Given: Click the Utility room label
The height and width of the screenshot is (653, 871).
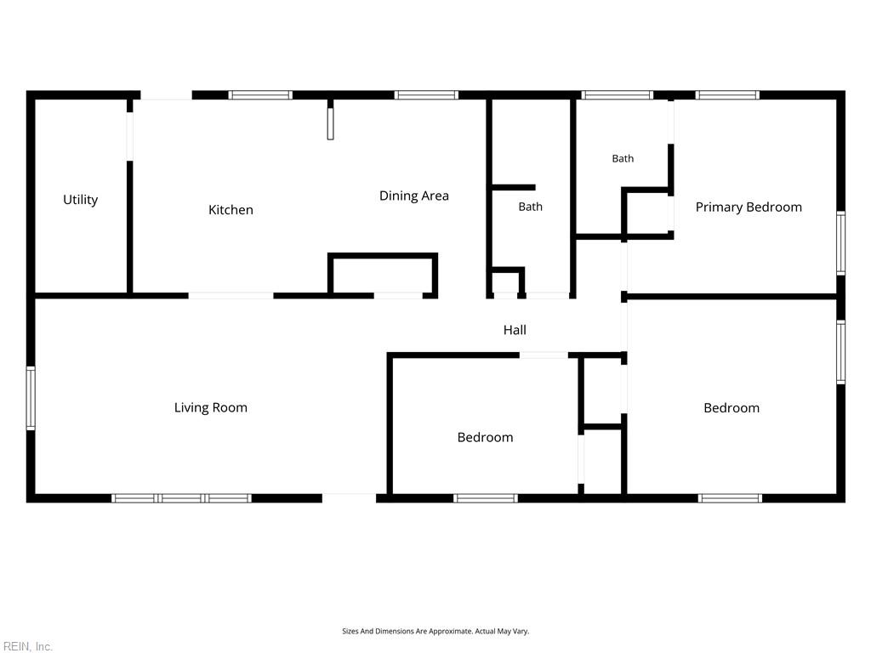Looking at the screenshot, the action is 81,200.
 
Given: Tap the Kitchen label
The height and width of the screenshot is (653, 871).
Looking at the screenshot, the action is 231,210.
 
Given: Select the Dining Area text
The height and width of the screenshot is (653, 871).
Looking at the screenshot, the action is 414,196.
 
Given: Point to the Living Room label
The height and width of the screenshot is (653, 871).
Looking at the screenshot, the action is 211,407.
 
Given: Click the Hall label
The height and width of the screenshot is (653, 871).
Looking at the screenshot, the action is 515,330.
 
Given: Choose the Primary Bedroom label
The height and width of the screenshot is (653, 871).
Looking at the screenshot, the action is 749,207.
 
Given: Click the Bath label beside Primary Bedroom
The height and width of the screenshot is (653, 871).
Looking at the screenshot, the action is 623,159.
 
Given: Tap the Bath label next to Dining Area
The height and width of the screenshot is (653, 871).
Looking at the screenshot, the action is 531,207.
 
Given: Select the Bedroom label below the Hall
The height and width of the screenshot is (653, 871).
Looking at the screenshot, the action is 485,438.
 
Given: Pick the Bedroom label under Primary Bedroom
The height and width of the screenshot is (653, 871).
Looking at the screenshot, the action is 732,408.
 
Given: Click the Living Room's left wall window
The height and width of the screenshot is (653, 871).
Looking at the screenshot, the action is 31,398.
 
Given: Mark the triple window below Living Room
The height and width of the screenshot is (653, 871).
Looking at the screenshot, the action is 182,498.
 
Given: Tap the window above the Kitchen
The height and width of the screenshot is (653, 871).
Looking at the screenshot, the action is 260,95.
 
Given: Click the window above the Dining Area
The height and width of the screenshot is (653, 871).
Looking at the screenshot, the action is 427,95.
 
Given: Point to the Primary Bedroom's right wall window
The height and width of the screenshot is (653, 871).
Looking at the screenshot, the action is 841,242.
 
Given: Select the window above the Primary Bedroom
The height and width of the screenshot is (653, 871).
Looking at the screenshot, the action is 727,95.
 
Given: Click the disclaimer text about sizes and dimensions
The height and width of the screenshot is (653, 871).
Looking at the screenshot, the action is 435,632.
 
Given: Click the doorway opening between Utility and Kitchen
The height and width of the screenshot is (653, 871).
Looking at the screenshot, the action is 130,137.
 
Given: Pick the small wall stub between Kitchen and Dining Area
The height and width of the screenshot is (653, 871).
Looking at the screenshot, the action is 331,119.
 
